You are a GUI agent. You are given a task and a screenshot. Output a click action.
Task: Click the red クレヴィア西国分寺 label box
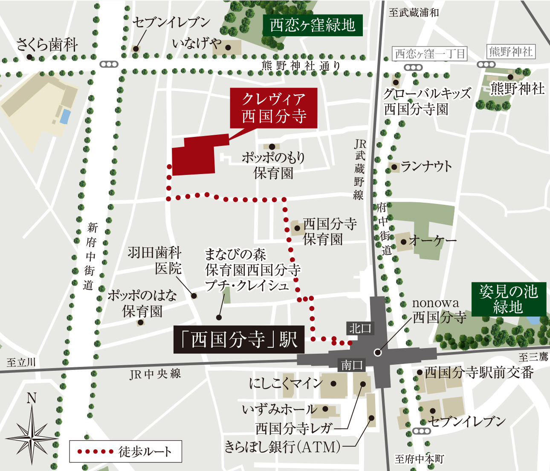coord(274,108)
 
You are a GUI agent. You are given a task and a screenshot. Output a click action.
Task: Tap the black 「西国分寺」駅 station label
coord(239,340)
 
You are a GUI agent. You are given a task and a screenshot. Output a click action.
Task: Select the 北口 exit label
coord(360,328)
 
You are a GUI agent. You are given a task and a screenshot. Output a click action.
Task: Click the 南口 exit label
coord(352,365)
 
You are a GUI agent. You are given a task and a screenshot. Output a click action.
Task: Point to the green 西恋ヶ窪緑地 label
coord(313,25)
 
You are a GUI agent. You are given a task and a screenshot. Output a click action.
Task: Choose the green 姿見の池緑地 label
coord(508,299)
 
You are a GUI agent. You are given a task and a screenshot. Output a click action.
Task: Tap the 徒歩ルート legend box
coord(126,451)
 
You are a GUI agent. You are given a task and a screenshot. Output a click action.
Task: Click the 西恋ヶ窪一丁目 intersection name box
coord(430,54)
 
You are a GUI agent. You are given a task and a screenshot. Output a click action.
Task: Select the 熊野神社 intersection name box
coord(511,52)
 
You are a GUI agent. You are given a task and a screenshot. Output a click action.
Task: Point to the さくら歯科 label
coord(47,45)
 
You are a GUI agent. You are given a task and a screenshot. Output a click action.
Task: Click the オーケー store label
coord(432,241)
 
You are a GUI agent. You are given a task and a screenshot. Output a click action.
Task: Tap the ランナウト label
coord(426,166)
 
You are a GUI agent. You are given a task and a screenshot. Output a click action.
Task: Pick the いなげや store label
coord(197,43)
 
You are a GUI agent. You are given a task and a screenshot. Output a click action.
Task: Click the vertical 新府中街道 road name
coord(90,256)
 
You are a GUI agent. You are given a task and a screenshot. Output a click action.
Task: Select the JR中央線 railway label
coord(155,374)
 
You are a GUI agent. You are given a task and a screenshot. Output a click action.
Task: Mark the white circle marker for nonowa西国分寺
coord(377,352)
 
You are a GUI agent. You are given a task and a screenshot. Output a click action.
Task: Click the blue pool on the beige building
coord(65,116)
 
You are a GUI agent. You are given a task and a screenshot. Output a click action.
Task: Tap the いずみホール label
coord(279,410)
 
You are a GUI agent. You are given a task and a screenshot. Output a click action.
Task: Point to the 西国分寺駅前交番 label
coord(479,372)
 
